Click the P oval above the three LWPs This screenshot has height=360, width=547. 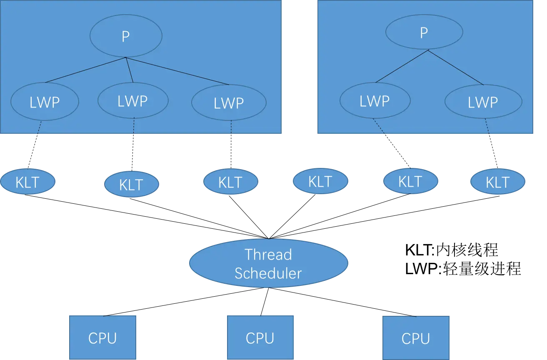tap(126, 36)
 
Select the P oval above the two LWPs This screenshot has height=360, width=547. tap(424, 32)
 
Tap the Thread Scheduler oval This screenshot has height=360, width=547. tap(269, 263)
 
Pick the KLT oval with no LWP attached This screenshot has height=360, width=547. tap(320, 181)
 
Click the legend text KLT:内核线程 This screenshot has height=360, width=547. tap(452, 250)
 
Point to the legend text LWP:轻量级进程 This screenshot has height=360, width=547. tap(463, 269)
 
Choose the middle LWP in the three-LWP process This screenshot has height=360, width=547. tap(133, 100)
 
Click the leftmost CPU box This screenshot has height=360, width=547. tap(102, 337)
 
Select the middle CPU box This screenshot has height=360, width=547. tap(260, 337)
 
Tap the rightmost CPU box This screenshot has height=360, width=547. tap(416, 338)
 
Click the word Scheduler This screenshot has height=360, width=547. tap(268, 273)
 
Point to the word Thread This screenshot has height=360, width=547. tap(268, 255)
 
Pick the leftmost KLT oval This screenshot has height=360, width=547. tap(27, 182)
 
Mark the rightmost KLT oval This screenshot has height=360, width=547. tap(498, 182)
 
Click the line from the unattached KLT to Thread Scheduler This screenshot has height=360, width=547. tap(292, 216)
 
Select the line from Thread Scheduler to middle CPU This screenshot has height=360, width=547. tap(265, 302)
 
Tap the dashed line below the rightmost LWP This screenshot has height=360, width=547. tap(491, 143)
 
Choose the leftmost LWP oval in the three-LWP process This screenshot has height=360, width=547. tap(45, 102)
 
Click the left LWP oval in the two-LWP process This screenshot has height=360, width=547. tap(375, 100)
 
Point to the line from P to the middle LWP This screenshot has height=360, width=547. tap(130, 70)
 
